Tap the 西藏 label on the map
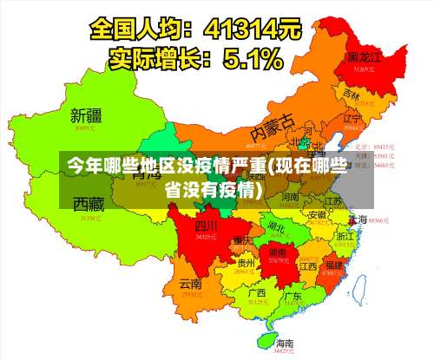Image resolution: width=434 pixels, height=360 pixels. (x=89, y=205)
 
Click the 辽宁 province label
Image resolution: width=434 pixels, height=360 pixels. (x=352, y=118)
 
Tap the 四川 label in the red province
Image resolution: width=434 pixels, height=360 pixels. (x=205, y=226)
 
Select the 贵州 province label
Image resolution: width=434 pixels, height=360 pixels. (x=246, y=263)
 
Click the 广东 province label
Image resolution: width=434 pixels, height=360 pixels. (x=293, y=297)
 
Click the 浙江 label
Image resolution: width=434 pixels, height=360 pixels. (x=345, y=235)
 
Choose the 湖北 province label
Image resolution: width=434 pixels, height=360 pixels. (x=278, y=227)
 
